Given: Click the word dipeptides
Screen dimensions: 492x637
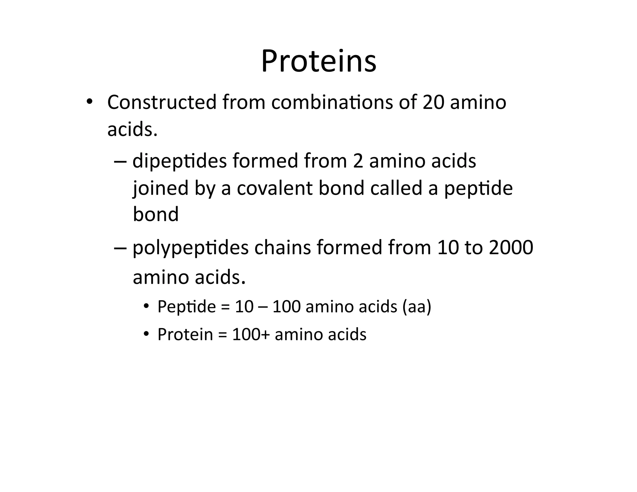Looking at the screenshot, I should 179,161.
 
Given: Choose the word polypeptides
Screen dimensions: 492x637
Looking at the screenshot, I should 191,248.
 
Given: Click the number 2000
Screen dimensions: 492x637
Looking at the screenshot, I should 511,248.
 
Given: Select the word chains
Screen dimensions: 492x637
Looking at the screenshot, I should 283,248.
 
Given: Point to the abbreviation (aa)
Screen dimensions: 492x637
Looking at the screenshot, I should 416,307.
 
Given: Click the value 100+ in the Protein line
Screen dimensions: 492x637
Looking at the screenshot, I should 251,335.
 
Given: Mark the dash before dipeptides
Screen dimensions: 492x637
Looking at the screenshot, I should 120,161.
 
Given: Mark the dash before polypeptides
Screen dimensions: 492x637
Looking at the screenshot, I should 120,248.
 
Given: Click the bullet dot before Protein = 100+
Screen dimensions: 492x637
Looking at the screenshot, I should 146,335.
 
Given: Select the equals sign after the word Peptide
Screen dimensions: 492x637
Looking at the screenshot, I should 225,307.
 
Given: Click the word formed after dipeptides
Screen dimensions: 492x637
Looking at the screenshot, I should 265,161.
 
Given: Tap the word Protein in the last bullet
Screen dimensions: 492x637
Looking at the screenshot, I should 185,335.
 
